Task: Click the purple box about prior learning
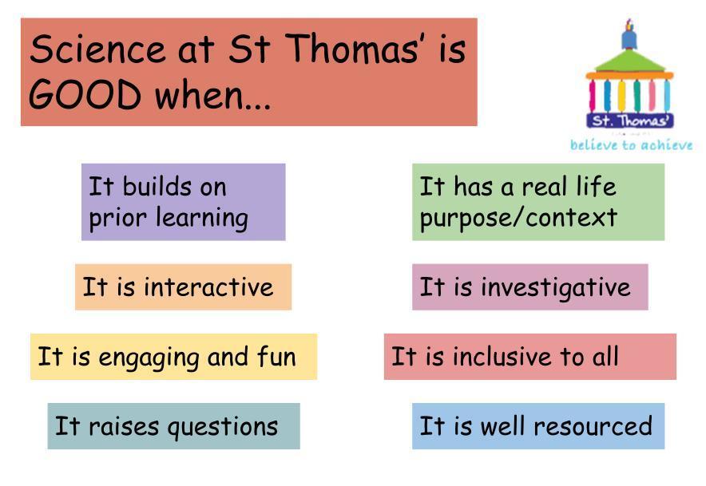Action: click(x=183, y=202)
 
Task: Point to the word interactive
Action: click(x=208, y=286)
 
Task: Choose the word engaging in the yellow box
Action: click(x=149, y=358)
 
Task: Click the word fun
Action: click(x=276, y=356)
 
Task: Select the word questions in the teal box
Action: click(x=223, y=428)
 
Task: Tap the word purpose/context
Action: click(x=518, y=218)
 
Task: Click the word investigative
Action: click(x=556, y=287)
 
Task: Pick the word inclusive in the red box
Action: click(x=502, y=357)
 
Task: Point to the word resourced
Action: click(x=593, y=425)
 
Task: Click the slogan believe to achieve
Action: click(x=631, y=145)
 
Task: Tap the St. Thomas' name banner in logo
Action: click(x=630, y=121)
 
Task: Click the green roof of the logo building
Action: click(x=630, y=61)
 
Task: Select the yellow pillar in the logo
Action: click(x=621, y=96)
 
